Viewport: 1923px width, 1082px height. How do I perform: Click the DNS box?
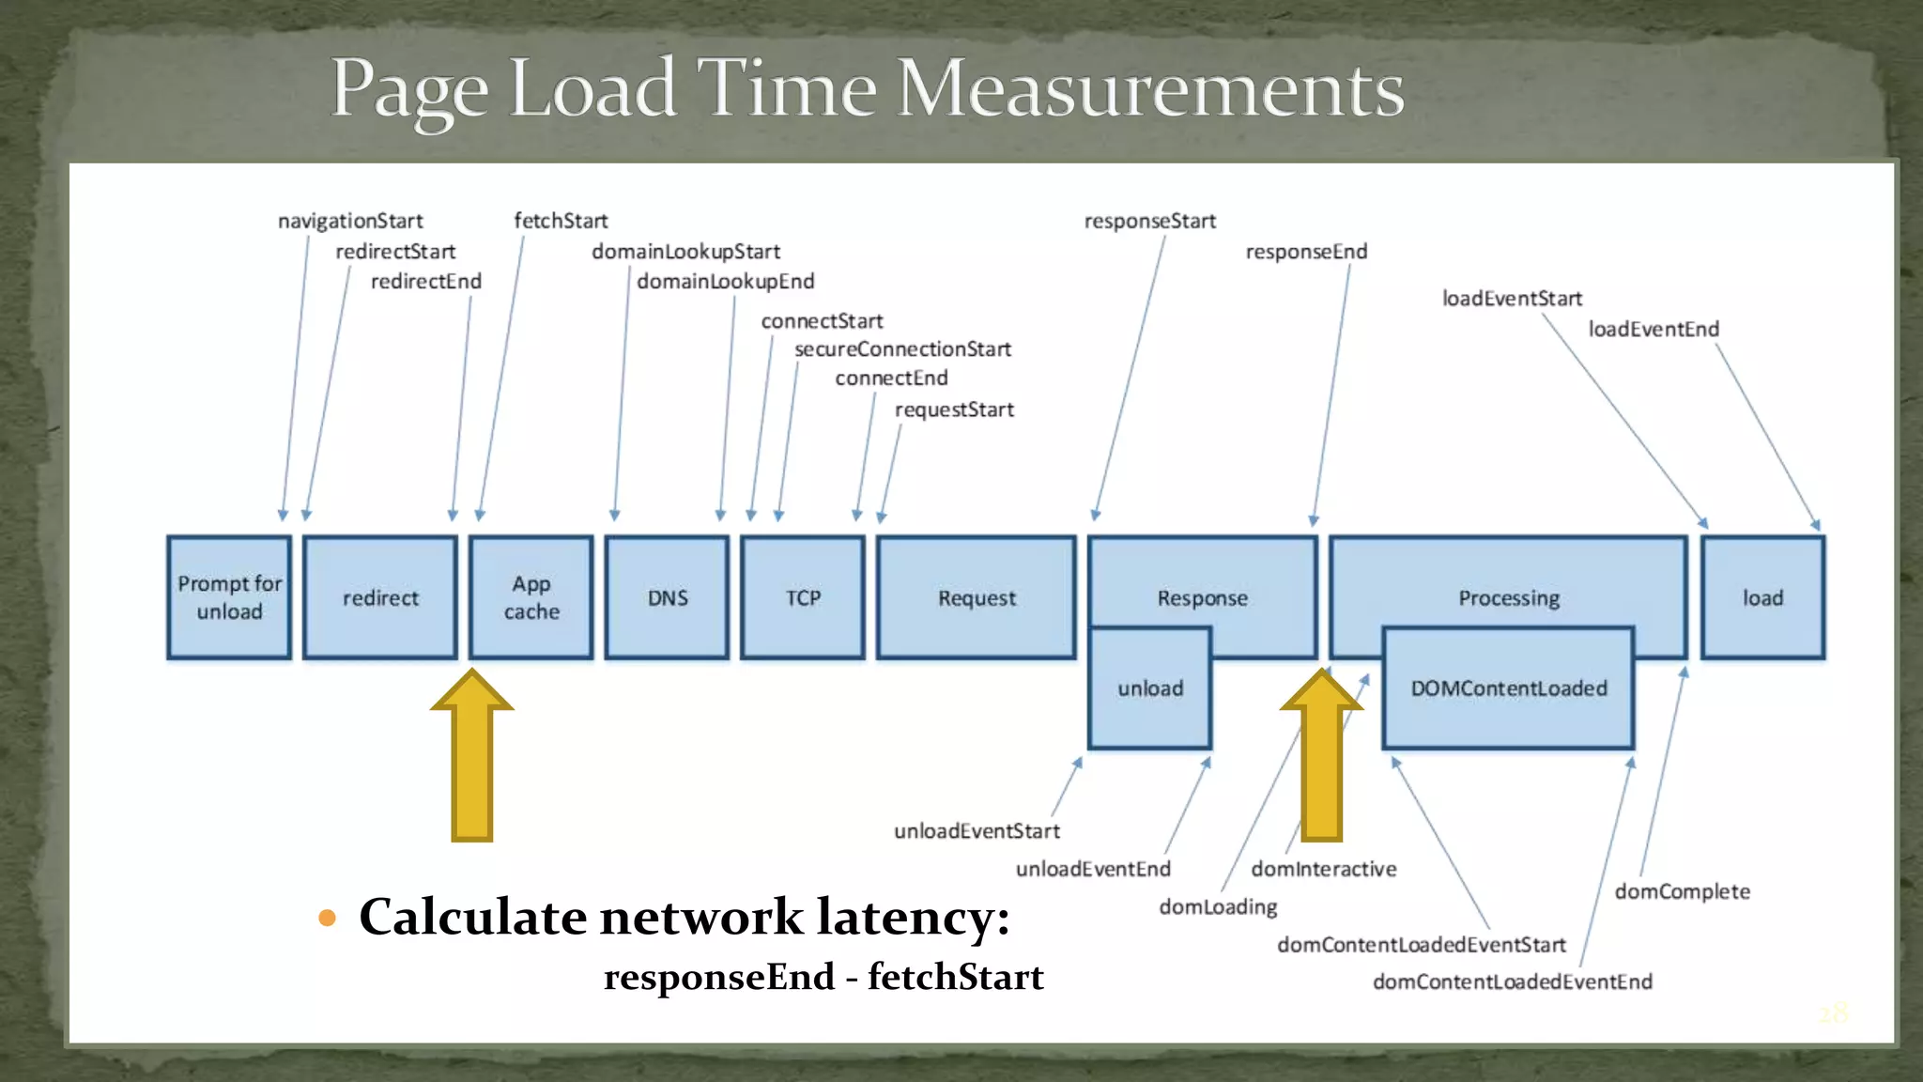click(667, 597)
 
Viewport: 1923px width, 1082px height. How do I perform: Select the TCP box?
click(803, 597)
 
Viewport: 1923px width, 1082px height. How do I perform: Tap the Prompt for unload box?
click(229, 597)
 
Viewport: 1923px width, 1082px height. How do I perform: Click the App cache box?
click(531, 597)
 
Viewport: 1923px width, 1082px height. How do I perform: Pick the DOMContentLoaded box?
click(1508, 688)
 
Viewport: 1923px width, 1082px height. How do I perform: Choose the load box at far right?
click(1762, 597)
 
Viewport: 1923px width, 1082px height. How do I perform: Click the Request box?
click(977, 597)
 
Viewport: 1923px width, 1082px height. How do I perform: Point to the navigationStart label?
click(350, 221)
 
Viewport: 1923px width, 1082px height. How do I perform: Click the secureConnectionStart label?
click(902, 349)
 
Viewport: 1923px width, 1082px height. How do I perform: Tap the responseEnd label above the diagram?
click(1306, 252)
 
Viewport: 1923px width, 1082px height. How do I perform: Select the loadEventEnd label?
click(1654, 330)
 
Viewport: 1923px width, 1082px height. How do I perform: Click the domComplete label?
click(1682, 891)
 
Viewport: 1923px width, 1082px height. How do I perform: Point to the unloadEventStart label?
click(977, 831)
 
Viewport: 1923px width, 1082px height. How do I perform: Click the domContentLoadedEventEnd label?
click(1512, 982)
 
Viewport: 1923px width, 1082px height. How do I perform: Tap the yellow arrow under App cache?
click(472, 761)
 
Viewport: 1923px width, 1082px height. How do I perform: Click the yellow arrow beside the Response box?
click(1321, 761)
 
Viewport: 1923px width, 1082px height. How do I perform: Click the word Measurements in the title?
click(1150, 89)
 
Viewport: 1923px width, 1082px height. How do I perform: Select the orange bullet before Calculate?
click(327, 918)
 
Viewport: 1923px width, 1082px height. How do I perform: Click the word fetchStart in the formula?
click(955, 977)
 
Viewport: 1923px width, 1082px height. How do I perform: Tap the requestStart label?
click(954, 410)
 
